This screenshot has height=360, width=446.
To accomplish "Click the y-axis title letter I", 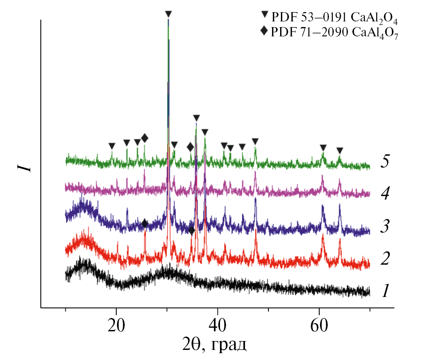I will point(25,166).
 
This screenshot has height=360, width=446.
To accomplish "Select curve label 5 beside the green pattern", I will point(385,162).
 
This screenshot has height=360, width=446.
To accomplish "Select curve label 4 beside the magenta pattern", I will point(385,194).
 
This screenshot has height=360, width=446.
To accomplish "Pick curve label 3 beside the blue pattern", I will point(385,227).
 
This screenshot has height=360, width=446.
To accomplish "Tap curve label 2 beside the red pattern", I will point(385,259).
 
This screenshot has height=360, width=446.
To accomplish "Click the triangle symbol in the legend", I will point(264,15).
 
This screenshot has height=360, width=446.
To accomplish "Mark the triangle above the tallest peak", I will point(169,14).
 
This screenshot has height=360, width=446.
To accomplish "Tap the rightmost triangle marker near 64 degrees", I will point(340,151).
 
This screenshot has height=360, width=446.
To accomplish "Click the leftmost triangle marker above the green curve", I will point(112,145).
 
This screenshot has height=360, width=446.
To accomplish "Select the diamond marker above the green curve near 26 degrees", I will point(144,139).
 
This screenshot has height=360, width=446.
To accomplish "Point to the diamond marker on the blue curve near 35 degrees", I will point(192,230).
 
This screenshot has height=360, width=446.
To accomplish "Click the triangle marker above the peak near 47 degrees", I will point(255,141).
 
